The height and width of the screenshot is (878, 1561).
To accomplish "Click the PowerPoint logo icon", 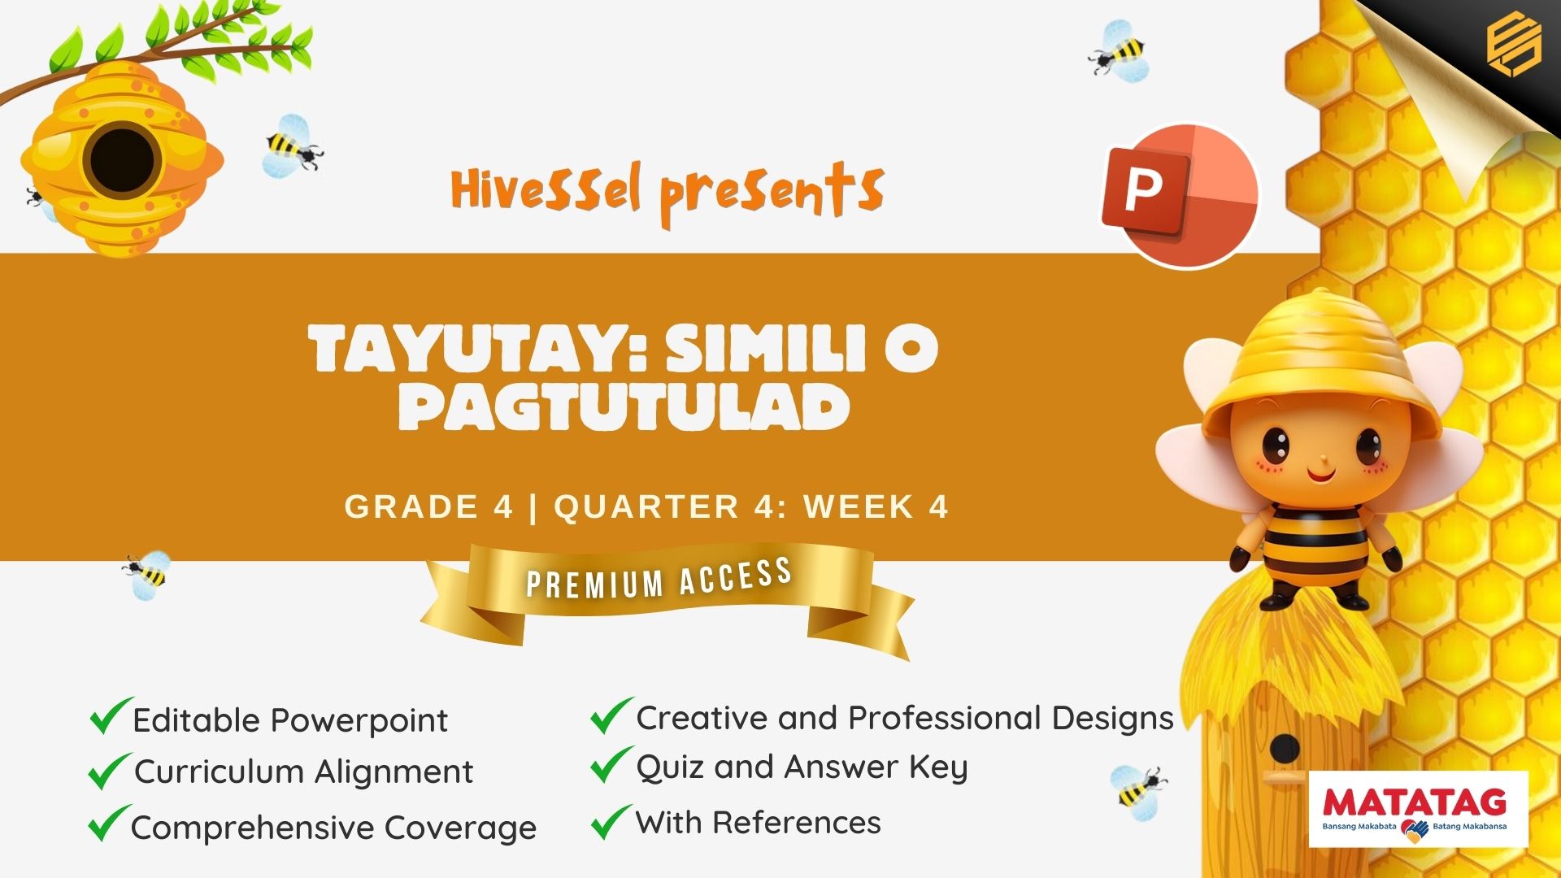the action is [1180, 196].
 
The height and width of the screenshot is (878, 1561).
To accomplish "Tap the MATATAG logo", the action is [1418, 809].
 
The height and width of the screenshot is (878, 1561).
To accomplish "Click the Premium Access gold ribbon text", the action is [659, 578].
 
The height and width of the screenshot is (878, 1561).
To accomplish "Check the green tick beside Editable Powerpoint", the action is [111, 715].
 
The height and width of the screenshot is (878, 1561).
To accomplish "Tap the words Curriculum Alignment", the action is [303, 772].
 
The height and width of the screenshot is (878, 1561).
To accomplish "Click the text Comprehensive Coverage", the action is [333, 828].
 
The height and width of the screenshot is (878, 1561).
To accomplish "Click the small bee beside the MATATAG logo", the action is [1138, 786].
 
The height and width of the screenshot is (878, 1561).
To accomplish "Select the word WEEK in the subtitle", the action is [859, 506].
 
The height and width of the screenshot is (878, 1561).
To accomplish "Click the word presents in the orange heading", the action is [772, 193].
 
